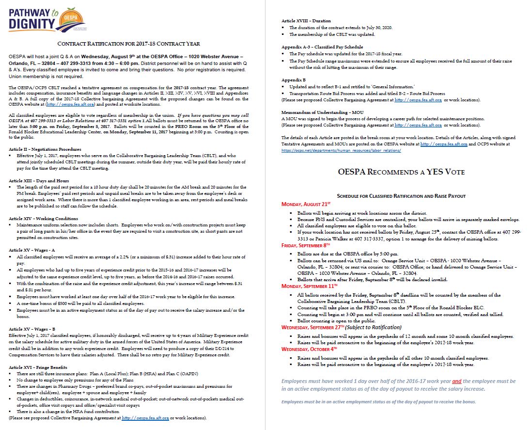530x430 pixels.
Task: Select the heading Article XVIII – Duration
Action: pos(306,21)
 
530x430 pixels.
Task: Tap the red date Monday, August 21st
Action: pos(306,204)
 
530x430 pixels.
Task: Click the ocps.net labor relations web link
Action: pos(341,150)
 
